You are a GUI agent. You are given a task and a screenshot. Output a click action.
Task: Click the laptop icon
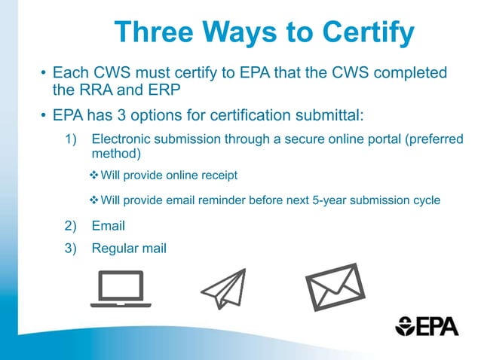(121, 289)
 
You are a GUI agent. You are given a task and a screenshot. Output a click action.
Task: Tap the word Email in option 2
(108, 225)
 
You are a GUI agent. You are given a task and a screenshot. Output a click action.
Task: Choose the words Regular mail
(128, 248)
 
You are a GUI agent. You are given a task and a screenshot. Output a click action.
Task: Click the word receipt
(218, 175)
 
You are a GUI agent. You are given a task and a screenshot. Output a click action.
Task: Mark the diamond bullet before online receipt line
(94, 175)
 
